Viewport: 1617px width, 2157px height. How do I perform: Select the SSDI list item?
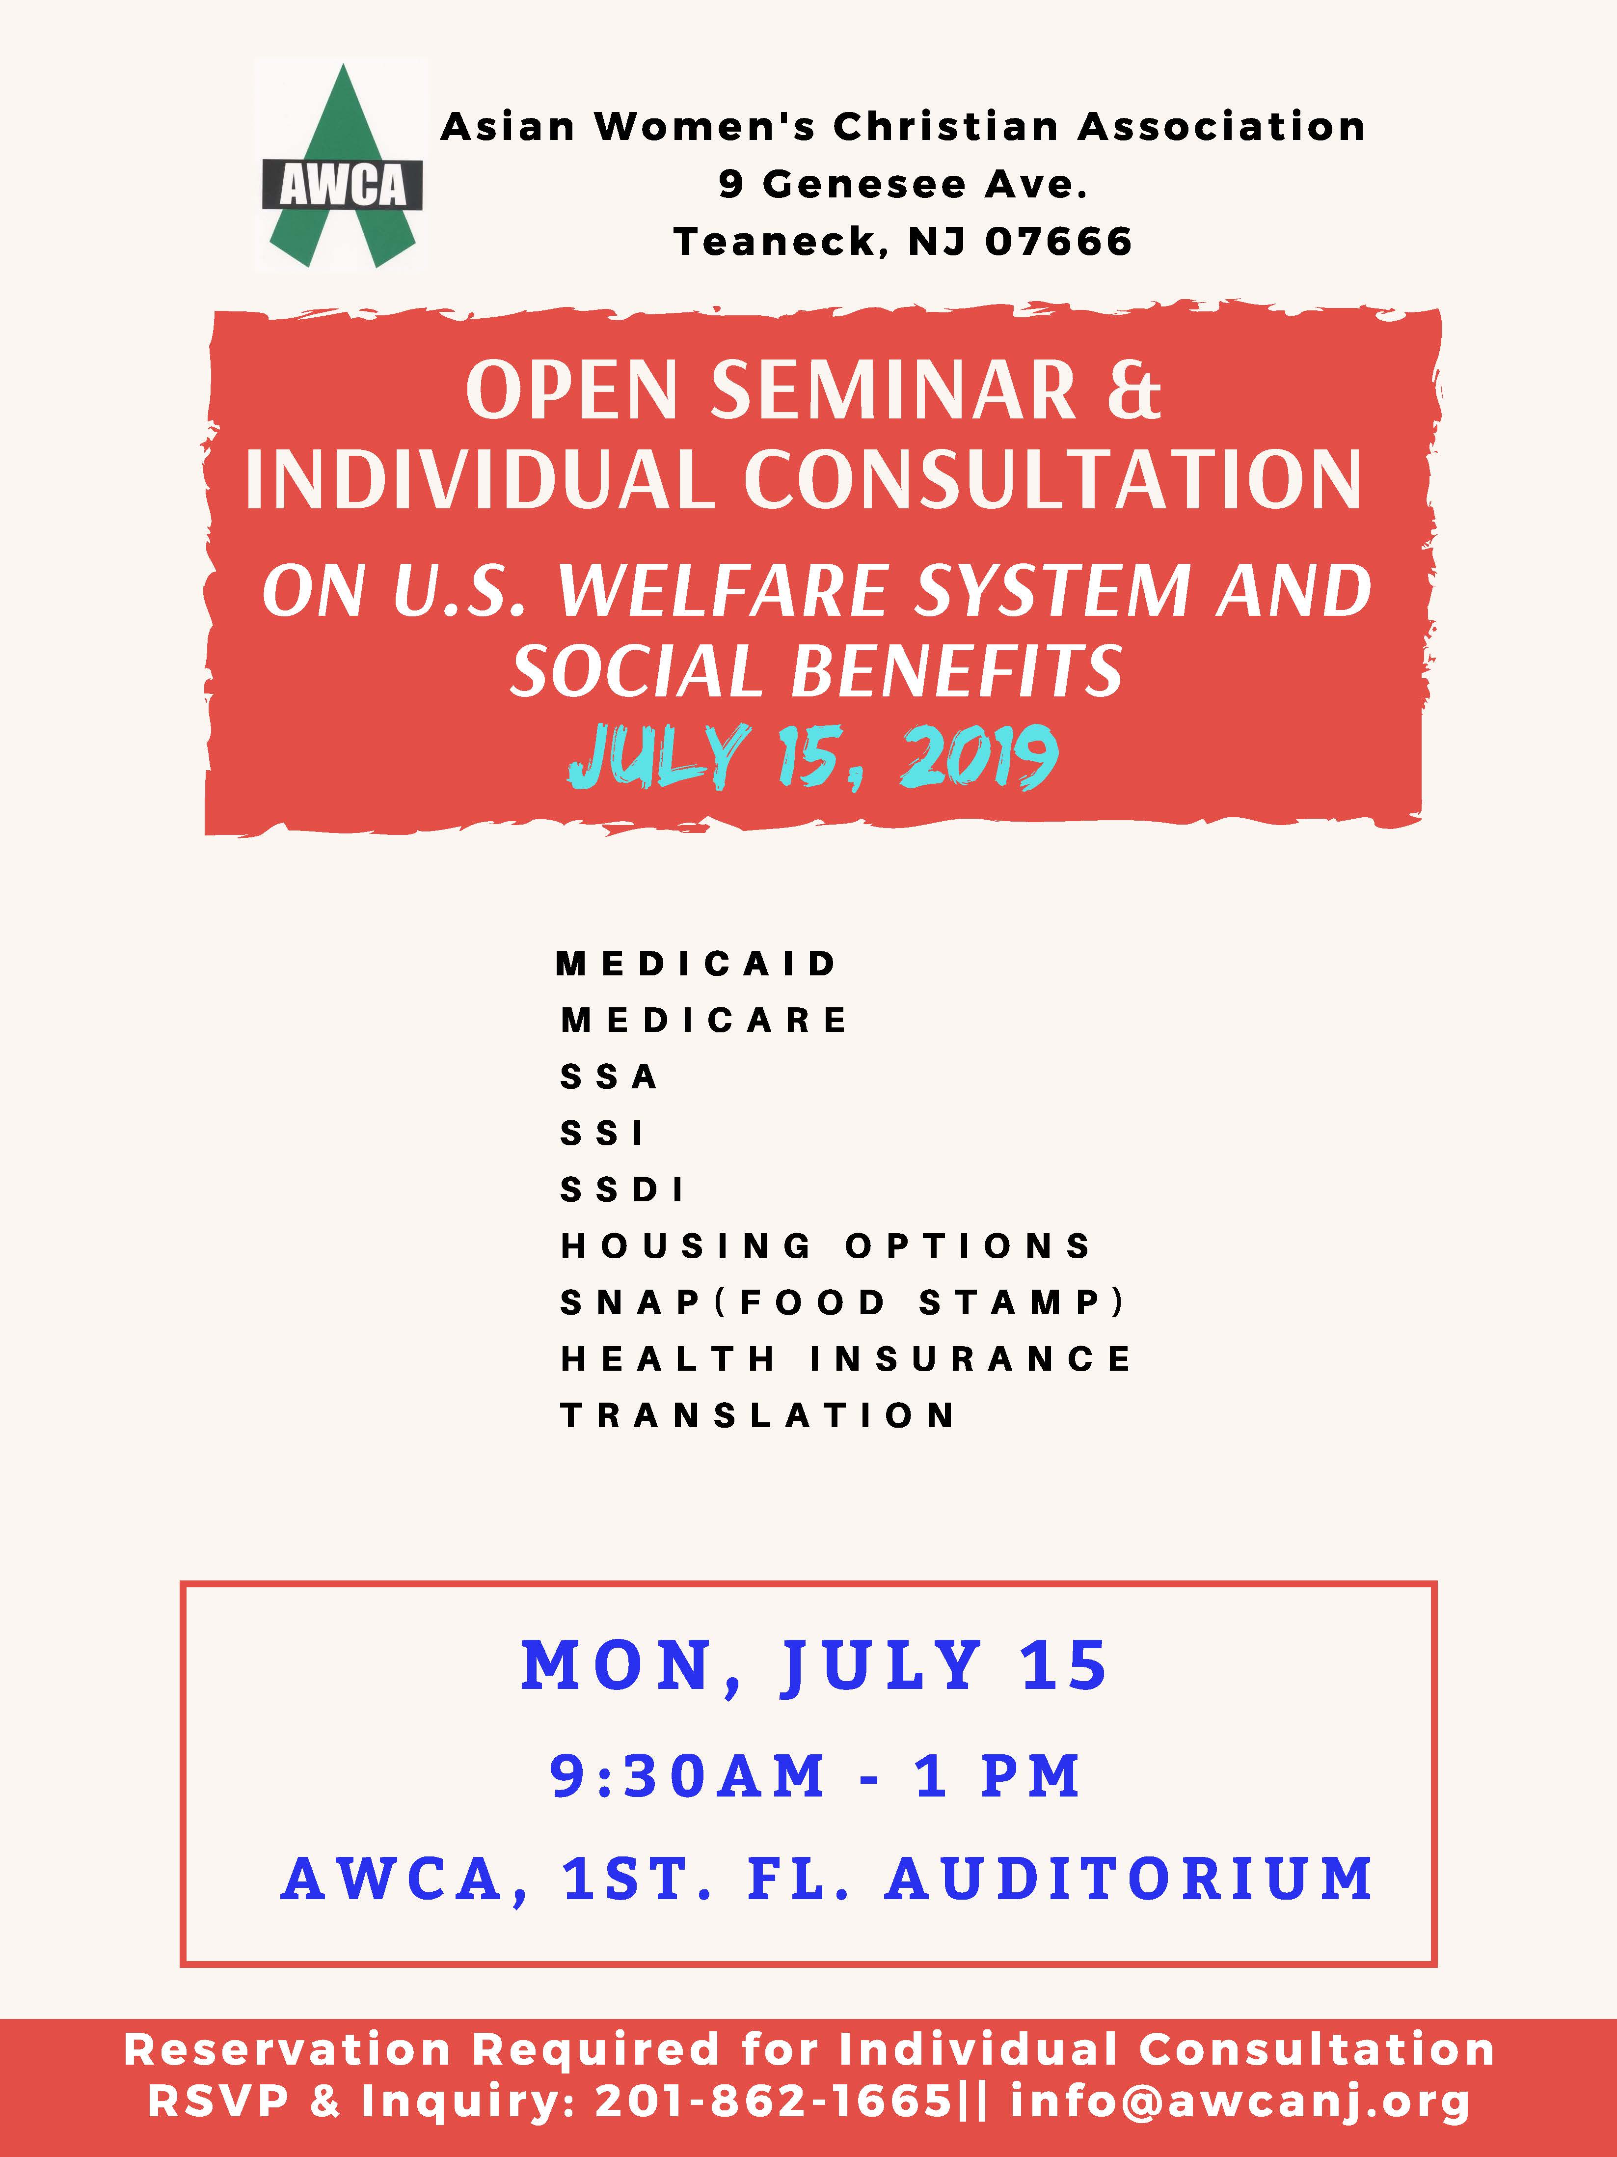click(x=622, y=1189)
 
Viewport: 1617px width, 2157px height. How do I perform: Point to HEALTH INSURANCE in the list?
click(x=845, y=1359)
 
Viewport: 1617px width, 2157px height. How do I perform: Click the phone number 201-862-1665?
click(x=773, y=2102)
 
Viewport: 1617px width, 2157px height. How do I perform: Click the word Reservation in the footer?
click(x=288, y=2050)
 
